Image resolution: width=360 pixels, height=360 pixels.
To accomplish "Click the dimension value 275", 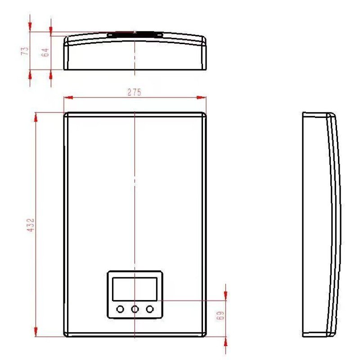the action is pyautogui.click(x=134, y=92).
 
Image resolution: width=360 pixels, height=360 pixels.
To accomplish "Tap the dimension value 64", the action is pyautogui.click(x=45, y=52).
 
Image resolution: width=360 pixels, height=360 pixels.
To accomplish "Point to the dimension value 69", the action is pyautogui.click(x=220, y=316).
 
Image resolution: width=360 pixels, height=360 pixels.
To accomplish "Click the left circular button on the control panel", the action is pyautogui.click(x=120, y=309).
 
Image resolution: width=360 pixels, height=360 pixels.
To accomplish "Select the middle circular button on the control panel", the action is pyautogui.click(x=135, y=309).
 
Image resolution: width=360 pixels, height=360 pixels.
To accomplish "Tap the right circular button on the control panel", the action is pyautogui.click(x=150, y=309).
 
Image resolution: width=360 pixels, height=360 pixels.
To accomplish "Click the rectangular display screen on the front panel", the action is pyautogui.click(x=135, y=289).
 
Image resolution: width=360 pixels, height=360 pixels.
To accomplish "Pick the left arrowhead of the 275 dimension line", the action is pyautogui.click(x=68, y=98).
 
